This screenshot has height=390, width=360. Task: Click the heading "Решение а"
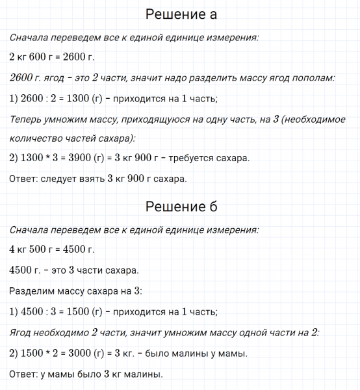[x=181, y=14]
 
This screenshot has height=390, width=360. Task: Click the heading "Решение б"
[x=181, y=207]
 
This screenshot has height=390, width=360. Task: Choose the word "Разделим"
[x=31, y=290]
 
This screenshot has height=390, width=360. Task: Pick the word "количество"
[x=36, y=138]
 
